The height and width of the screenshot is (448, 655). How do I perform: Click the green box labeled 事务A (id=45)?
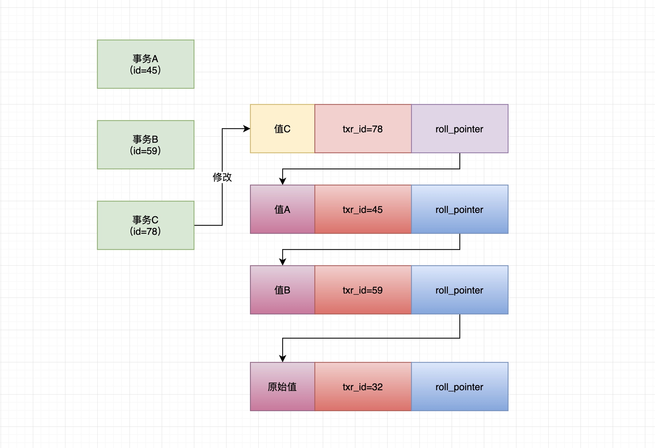145,64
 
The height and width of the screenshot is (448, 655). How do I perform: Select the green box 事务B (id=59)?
145,145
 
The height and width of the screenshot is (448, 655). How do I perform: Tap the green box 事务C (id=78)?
145,225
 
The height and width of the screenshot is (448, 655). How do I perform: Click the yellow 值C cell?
282,129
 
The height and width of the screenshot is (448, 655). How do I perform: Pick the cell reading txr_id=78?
363,129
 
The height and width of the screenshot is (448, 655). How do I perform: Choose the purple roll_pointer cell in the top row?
459,129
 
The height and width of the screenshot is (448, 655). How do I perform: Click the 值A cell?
282,209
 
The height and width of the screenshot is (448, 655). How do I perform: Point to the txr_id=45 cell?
363,209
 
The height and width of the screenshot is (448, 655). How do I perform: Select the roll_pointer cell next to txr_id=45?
459,209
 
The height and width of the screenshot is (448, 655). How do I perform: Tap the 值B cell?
282,290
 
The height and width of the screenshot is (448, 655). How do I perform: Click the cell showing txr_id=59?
363,290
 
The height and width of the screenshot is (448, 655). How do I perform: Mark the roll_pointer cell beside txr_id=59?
459,290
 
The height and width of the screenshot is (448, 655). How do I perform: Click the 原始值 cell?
282,387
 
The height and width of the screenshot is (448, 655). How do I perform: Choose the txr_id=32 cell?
363,387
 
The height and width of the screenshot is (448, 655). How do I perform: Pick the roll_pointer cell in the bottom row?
459,387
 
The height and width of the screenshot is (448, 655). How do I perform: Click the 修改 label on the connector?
222,177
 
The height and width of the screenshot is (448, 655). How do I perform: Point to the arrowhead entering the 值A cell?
283,181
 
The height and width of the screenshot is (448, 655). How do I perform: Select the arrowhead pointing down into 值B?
283,262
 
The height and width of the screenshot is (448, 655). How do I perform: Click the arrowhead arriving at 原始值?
283,359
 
